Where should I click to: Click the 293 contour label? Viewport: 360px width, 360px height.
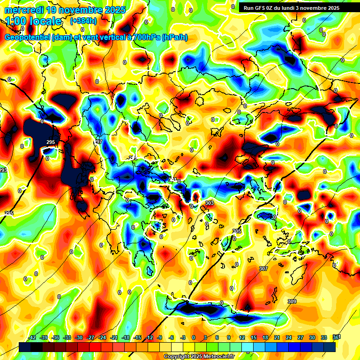pyautogui.click(x=3, y=170)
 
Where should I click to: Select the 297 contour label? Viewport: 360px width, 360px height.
pyautogui.click(x=98, y=142)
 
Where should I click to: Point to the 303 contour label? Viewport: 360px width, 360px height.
pyautogui.click(x=210, y=203)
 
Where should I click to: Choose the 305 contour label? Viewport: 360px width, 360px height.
pyautogui.click(x=237, y=231)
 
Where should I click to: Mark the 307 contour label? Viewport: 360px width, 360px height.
pyautogui.click(x=263, y=269)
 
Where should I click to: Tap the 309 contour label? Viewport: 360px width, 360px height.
pyautogui.click(x=292, y=301)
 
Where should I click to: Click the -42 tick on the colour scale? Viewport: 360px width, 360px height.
pyautogui.click(x=32, y=337)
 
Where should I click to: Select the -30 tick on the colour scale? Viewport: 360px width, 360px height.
pyautogui.click(x=79, y=337)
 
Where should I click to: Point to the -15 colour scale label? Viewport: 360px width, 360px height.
pyautogui.click(x=137, y=337)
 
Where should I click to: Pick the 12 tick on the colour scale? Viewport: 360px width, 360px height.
pyautogui.click(x=242, y=337)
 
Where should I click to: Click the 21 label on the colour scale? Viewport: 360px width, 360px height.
pyautogui.click(x=277, y=337)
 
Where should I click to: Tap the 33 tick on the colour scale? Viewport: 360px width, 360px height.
pyautogui.click(x=323, y=337)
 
